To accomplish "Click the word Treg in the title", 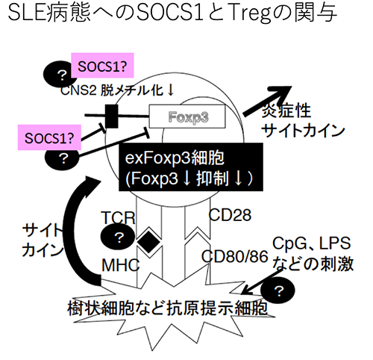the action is [x=249, y=13].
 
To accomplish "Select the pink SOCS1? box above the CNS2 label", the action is [x=102, y=66].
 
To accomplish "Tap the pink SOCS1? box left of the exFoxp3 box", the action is [x=49, y=137].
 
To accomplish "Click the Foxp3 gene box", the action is [x=187, y=117].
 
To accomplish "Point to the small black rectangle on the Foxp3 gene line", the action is [x=112, y=116].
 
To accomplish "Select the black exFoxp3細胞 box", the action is [x=191, y=167].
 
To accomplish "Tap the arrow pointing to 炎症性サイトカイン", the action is [x=267, y=100].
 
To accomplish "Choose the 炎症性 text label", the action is [x=286, y=111].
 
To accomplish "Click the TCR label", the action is [x=118, y=217].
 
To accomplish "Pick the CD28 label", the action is [x=230, y=215].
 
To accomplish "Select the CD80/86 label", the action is [x=235, y=256].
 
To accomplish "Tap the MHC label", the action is [x=121, y=265].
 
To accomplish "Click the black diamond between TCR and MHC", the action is [x=148, y=241].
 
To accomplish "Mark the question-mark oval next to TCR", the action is [x=118, y=237].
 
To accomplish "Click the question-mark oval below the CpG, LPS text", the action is [x=278, y=291].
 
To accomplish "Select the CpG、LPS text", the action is [x=312, y=243].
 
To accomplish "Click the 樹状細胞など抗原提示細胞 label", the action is [x=167, y=308].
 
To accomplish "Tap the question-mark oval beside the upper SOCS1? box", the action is [x=60, y=74].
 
